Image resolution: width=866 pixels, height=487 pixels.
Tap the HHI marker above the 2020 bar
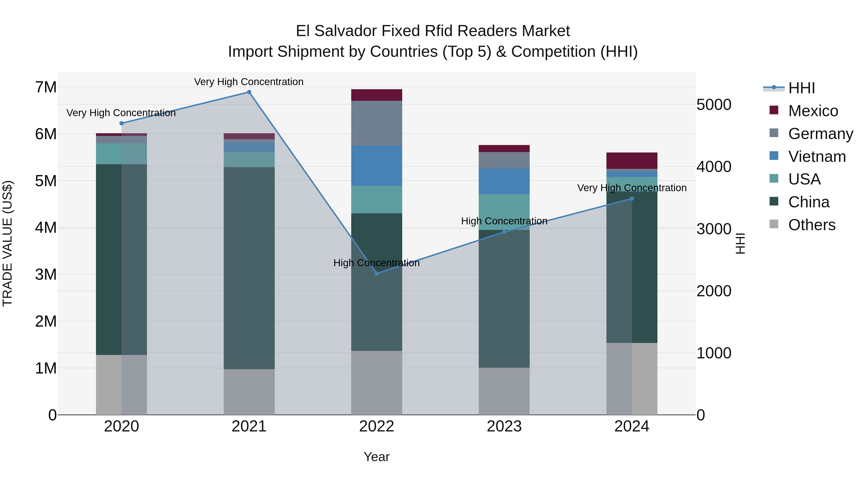(121, 123)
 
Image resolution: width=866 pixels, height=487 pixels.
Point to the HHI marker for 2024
(632, 199)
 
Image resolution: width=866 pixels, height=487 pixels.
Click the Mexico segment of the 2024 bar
(632, 161)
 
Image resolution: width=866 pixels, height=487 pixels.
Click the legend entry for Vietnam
(817, 157)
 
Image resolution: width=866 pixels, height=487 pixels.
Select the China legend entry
(809, 202)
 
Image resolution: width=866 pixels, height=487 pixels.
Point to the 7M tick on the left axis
(46, 87)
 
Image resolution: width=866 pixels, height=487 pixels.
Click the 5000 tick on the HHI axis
(713, 105)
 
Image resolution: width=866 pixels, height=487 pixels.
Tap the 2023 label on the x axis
(504, 426)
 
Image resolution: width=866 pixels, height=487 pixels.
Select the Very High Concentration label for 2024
(632, 188)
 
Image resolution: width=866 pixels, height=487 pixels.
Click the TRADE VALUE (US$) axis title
(7, 243)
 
